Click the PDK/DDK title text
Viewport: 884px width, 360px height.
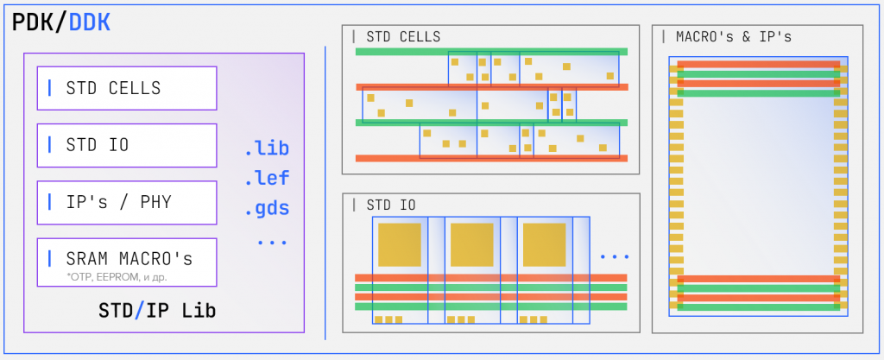coord(61,23)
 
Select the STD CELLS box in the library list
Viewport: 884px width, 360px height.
coord(127,88)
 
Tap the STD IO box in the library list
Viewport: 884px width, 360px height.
coord(127,145)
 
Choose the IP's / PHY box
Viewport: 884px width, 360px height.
coord(127,202)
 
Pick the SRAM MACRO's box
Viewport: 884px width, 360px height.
coord(127,260)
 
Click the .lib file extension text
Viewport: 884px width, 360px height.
coord(267,148)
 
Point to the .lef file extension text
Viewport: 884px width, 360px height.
coord(267,179)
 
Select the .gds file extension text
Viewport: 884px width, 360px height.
coord(267,208)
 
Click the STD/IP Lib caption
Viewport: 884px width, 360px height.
coord(156,310)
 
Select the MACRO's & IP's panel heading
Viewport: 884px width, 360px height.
coord(734,37)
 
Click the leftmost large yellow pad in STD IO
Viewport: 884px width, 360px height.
coord(399,244)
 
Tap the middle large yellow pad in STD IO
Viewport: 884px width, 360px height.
coord(471,244)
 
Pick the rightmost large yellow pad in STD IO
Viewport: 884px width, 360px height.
coord(544,244)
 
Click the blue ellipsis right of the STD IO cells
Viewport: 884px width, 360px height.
coord(614,256)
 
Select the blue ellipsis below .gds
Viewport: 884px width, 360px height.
coord(271,242)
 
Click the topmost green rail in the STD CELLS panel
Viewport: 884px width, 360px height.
coord(491,52)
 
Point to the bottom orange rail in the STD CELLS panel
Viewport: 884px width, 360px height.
coord(491,158)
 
